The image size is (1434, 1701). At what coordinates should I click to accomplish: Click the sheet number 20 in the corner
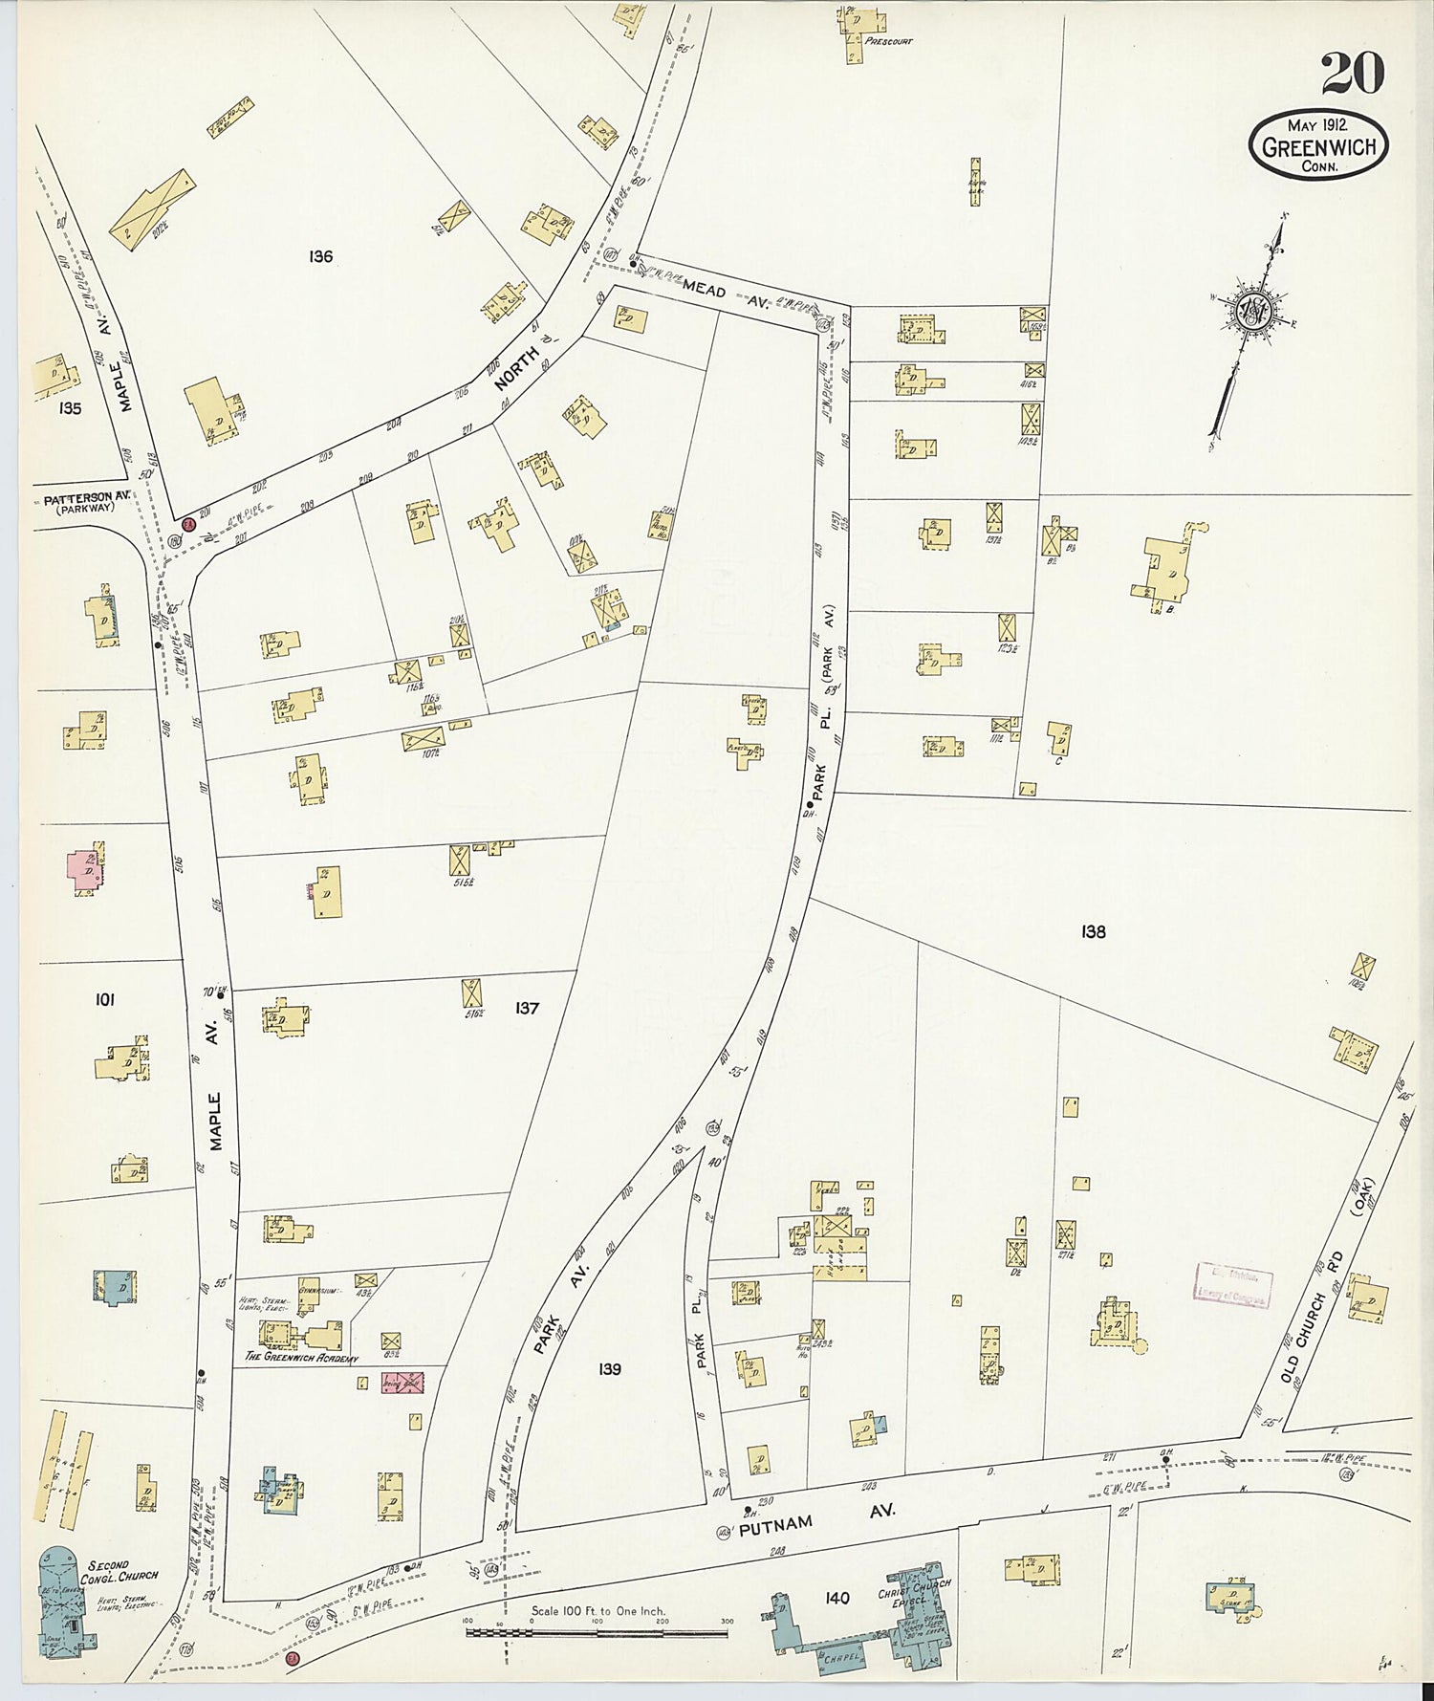[x=1353, y=74]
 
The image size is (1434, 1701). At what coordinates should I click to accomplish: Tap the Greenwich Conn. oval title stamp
[x=1318, y=144]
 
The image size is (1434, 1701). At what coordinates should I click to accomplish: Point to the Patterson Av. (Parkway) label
[x=86, y=504]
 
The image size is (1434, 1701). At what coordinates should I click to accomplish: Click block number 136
[x=321, y=256]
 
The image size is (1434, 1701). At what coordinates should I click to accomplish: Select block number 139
[x=610, y=1369]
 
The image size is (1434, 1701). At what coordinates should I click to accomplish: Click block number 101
[x=105, y=999]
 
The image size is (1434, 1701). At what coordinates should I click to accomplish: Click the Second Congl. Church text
[x=121, y=1571]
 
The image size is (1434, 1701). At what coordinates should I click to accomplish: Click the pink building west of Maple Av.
[x=86, y=868]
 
